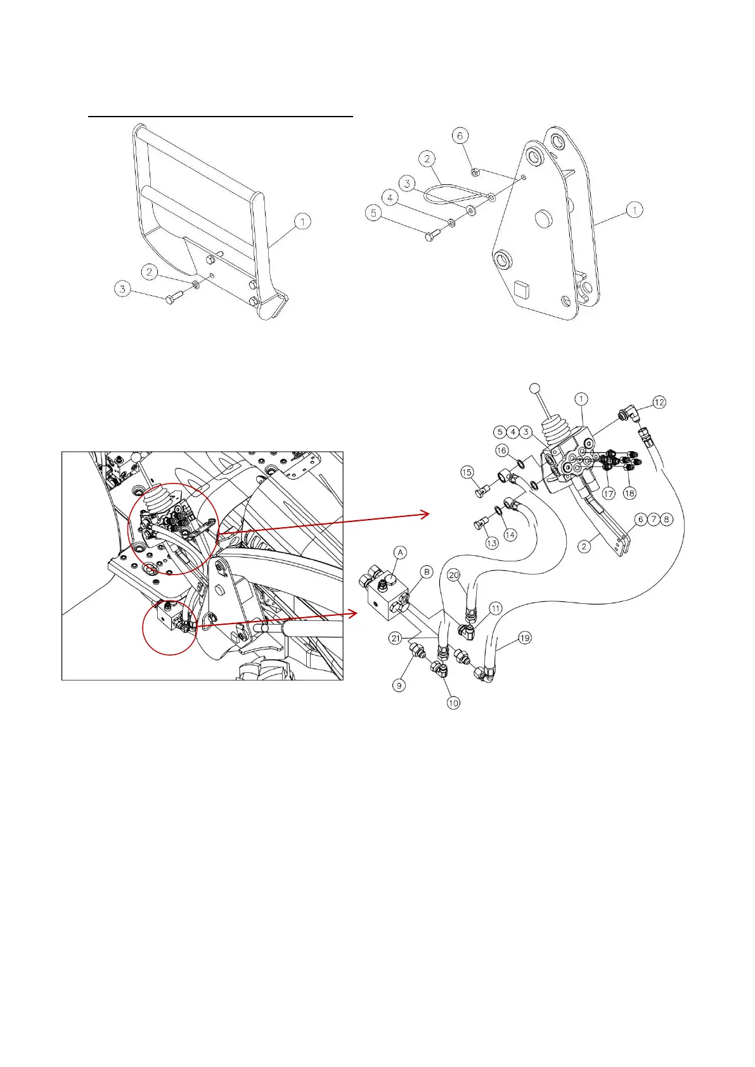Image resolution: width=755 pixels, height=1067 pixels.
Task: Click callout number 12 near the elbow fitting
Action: click(x=659, y=402)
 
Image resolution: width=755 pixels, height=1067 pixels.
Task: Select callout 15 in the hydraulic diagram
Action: click(x=467, y=472)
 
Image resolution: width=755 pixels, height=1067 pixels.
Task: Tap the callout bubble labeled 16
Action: click(x=502, y=450)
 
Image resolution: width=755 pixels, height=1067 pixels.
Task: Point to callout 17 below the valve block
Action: click(x=609, y=492)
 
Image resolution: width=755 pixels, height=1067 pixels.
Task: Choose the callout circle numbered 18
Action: click(x=629, y=492)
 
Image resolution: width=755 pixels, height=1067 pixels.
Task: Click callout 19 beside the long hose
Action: click(x=525, y=638)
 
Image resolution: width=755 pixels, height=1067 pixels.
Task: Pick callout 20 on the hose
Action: click(x=453, y=575)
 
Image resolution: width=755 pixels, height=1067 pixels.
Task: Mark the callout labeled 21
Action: click(x=396, y=638)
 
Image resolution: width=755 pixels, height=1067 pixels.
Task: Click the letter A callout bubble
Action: click(x=400, y=553)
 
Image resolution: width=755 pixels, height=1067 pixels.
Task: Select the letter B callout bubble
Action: click(x=427, y=572)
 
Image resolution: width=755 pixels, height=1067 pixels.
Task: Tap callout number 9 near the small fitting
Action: click(x=399, y=685)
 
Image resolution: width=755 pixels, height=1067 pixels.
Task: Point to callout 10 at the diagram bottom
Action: click(x=453, y=703)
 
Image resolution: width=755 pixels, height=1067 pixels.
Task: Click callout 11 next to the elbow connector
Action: click(x=496, y=608)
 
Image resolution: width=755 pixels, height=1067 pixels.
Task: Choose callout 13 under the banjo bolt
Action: click(x=492, y=543)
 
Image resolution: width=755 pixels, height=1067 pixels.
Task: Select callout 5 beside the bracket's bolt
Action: click(x=374, y=213)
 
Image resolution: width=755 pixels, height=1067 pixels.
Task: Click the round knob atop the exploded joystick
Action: click(x=534, y=388)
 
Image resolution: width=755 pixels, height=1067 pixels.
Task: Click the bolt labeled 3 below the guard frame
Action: click(x=173, y=300)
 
